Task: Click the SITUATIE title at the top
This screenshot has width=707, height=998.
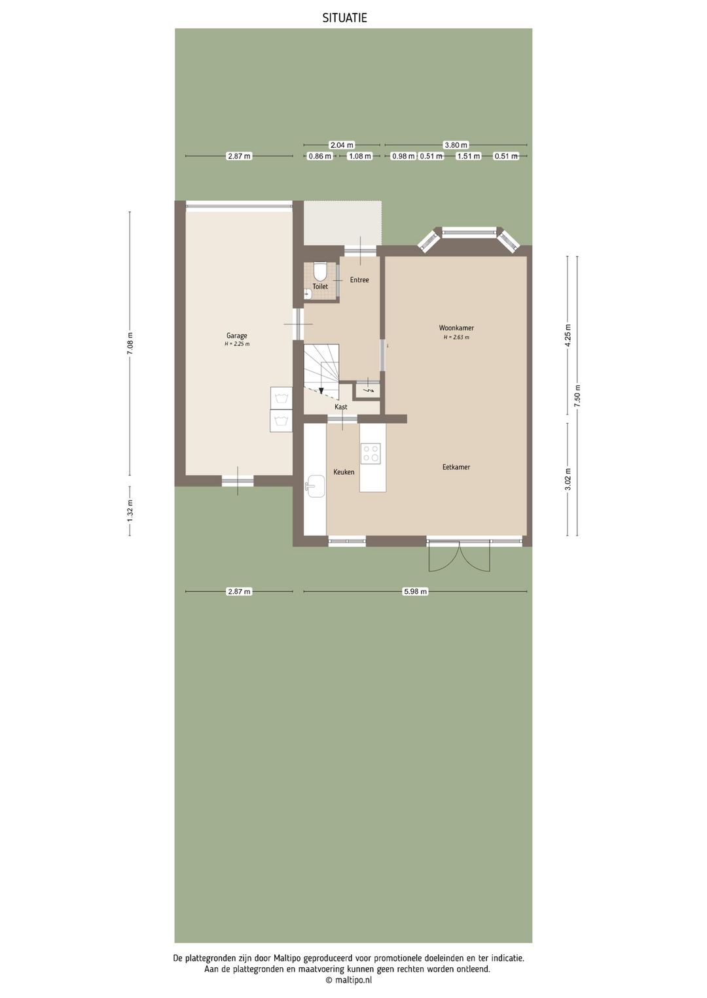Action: tap(345, 18)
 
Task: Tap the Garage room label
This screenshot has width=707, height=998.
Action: tap(237, 336)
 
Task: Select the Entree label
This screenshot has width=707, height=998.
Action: tap(359, 280)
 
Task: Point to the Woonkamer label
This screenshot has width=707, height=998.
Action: tap(456, 328)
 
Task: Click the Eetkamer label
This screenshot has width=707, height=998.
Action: tap(456, 468)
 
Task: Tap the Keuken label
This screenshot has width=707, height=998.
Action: tap(344, 472)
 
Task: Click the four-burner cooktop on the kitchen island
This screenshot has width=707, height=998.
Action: tap(371, 453)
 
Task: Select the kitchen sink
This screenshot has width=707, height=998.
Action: tap(316, 486)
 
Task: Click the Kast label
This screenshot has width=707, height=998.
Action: tap(341, 407)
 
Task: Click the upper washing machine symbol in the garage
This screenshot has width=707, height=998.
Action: tap(281, 398)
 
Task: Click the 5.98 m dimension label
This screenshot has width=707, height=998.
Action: tap(415, 591)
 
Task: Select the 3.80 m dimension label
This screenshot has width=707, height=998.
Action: tap(456, 145)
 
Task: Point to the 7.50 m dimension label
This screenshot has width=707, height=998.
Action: tap(577, 396)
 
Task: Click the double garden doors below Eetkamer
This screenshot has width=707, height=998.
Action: tap(459, 556)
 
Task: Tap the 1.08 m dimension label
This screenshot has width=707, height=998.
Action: tap(360, 156)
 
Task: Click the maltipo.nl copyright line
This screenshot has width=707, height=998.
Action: tap(348, 980)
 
